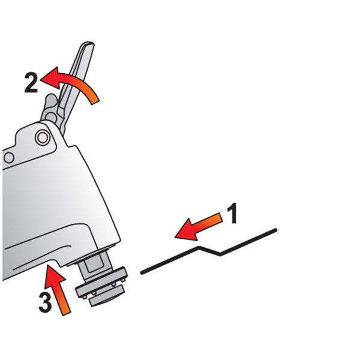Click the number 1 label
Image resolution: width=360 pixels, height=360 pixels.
232,213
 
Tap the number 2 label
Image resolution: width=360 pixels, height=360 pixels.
31,83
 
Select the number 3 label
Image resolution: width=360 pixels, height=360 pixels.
45,302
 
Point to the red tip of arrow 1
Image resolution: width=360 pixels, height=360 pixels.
175,237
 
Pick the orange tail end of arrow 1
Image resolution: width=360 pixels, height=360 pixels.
221,217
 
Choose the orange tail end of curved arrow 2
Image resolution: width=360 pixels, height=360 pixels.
96,103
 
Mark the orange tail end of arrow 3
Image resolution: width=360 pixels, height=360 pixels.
67,314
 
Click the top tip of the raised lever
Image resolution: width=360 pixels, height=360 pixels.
88,43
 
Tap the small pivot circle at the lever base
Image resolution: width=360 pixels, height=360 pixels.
51,117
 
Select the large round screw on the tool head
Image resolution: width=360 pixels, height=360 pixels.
43,138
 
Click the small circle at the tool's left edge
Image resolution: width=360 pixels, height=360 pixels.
9,158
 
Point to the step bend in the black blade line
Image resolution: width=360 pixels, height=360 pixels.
209,251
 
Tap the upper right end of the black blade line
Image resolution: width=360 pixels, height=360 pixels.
276,230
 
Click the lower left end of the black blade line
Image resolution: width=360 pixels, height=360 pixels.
142,273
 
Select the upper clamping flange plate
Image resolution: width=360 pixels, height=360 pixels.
102,283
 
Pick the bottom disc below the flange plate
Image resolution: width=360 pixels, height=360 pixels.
107,296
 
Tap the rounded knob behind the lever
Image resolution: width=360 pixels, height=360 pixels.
50,100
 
